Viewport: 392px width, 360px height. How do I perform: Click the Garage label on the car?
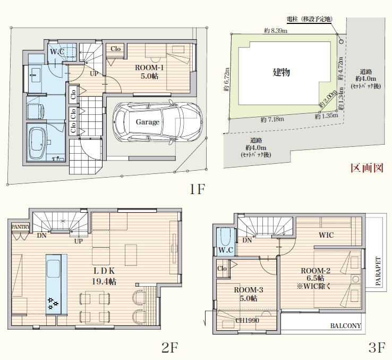coord(148,122)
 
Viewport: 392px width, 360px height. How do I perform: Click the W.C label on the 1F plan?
coord(57,52)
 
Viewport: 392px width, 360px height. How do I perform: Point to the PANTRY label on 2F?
coord(21,227)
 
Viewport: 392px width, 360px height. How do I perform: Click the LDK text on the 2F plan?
coord(104,271)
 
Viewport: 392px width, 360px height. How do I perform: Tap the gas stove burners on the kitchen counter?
coord(53,303)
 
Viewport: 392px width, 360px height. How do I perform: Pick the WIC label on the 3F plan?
coord(326,235)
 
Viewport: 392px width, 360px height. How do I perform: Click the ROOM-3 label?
coord(249,290)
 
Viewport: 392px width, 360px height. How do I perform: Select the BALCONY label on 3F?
coord(346,326)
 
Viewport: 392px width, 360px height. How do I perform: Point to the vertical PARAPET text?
coord(378,271)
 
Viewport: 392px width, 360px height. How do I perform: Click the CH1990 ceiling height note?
coord(247,320)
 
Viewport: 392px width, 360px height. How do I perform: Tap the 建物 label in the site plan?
coord(281,72)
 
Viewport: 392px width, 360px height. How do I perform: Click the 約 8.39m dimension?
coord(276,30)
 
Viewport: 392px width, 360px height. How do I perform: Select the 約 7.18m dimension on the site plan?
coord(272,120)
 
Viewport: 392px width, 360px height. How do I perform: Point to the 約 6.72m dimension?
coord(226,79)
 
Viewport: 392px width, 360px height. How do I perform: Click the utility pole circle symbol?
coord(341,41)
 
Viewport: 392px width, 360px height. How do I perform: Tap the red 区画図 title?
coord(367,168)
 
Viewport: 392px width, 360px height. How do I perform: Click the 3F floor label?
coord(377,347)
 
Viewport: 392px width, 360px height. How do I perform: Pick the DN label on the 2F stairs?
coord(42,236)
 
